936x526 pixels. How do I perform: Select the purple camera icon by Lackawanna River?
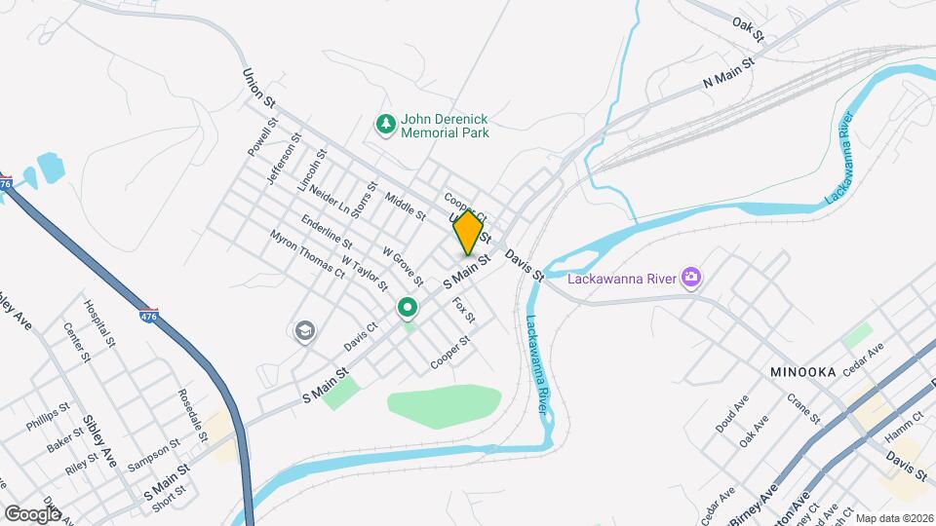point(691,279)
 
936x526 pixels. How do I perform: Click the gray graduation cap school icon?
point(304,331)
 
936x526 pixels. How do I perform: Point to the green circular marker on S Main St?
point(408,310)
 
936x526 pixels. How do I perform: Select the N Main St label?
point(729,75)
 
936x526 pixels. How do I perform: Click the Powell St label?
point(262,138)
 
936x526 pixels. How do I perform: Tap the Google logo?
point(31,513)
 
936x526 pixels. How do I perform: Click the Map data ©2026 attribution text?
point(894,517)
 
